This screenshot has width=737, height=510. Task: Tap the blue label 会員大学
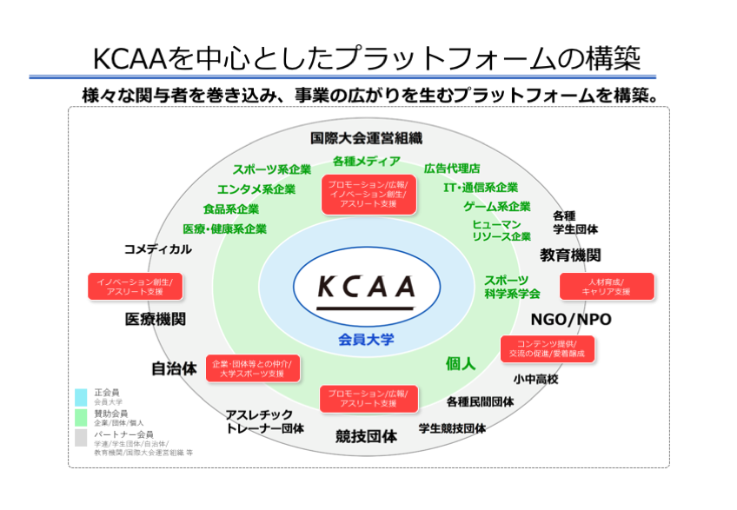click(x=366, y=339)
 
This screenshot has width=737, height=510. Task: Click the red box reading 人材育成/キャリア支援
click(x=607, y=287)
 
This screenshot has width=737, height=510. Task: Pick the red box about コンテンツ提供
click(x=548, y=348)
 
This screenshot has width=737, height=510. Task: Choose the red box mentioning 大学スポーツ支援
click(x=253, y=368)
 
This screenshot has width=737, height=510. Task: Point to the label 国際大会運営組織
click(x=366, y=137)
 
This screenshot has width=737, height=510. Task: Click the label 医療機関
click(x=156, y=319)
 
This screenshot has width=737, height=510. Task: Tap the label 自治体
click(x=174, y=368)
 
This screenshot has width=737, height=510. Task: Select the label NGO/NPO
click(x=571, y=320)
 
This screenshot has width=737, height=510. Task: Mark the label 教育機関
click(x=570, y=255)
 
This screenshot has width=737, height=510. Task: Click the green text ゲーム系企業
click(x=496, y=207)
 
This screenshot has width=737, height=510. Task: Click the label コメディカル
click(x=157, y=248)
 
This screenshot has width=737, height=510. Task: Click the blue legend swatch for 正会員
click(x=81, y=394)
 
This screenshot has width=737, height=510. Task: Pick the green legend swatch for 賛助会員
click(x=81, y=415)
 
